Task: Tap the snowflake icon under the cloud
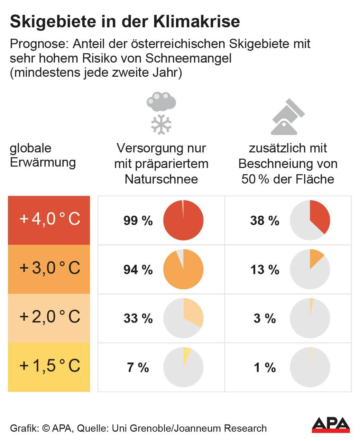(161, 124)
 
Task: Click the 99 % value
(138, 220)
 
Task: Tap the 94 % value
(138, 270)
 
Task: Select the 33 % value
(138, 318)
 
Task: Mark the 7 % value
(138, 367)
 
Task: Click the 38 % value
(265, 220)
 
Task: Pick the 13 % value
(265, 270)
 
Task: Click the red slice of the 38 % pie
(319, 216)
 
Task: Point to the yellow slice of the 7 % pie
(186, 354)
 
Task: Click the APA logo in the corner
(331, 425)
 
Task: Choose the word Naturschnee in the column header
(161, 179)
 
